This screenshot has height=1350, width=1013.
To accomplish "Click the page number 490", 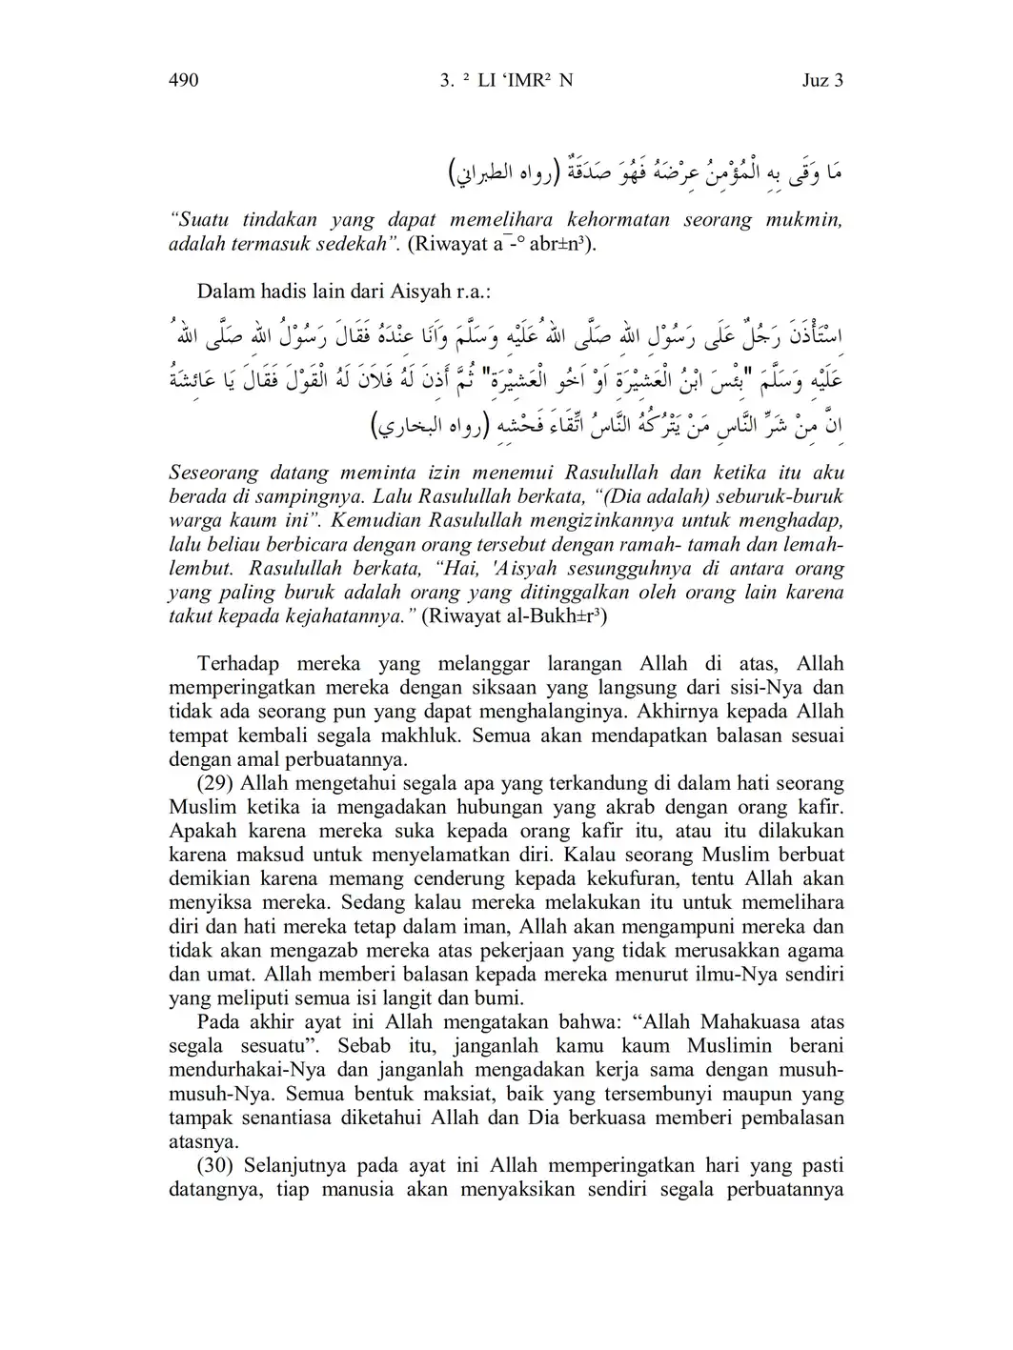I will coord(183,80).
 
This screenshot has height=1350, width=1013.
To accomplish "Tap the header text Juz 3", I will coord(822,80).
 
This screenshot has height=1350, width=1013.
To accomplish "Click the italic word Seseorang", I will coord(214,473).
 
